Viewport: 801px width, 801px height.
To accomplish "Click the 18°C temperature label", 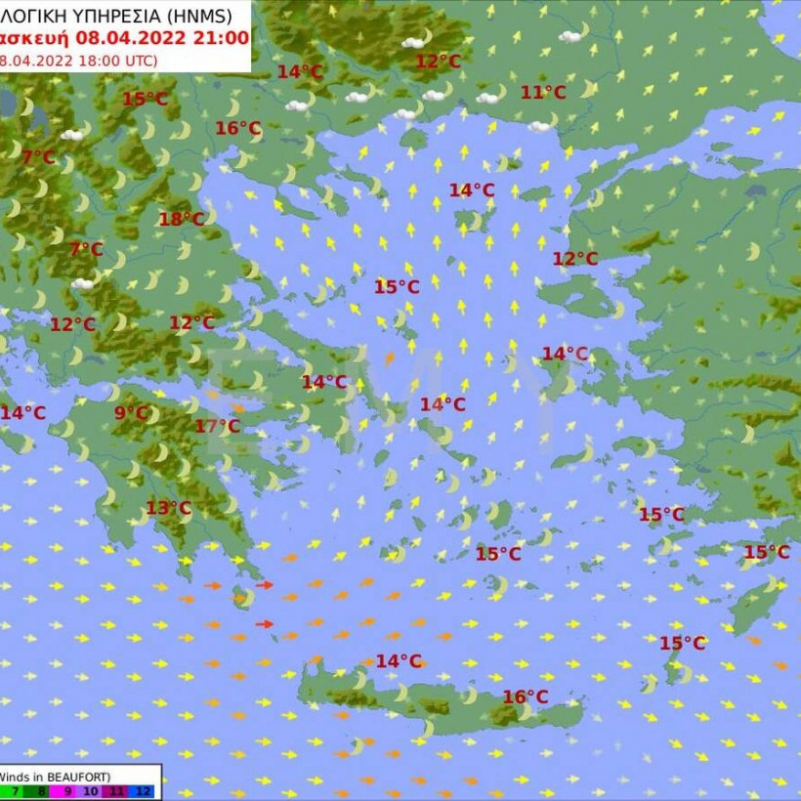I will (x=182, y=220).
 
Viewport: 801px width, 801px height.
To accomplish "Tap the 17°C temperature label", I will (x=217, y=426).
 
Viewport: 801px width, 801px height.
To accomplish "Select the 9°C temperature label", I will (x=130, y=413).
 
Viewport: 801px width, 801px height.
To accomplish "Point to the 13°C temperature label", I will (x=168, y=508).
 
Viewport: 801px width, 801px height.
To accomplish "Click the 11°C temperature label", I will (x=543, y=93).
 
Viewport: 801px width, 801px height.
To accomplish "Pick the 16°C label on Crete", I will (x=526, y=696).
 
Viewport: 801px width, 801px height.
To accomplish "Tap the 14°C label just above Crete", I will (x=399, y=661).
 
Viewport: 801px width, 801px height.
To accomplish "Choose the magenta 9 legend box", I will (x=67, y=792).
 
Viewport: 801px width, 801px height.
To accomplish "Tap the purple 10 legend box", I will (x=92, y=792).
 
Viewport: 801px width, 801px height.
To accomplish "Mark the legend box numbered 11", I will (x=119, y=792).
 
